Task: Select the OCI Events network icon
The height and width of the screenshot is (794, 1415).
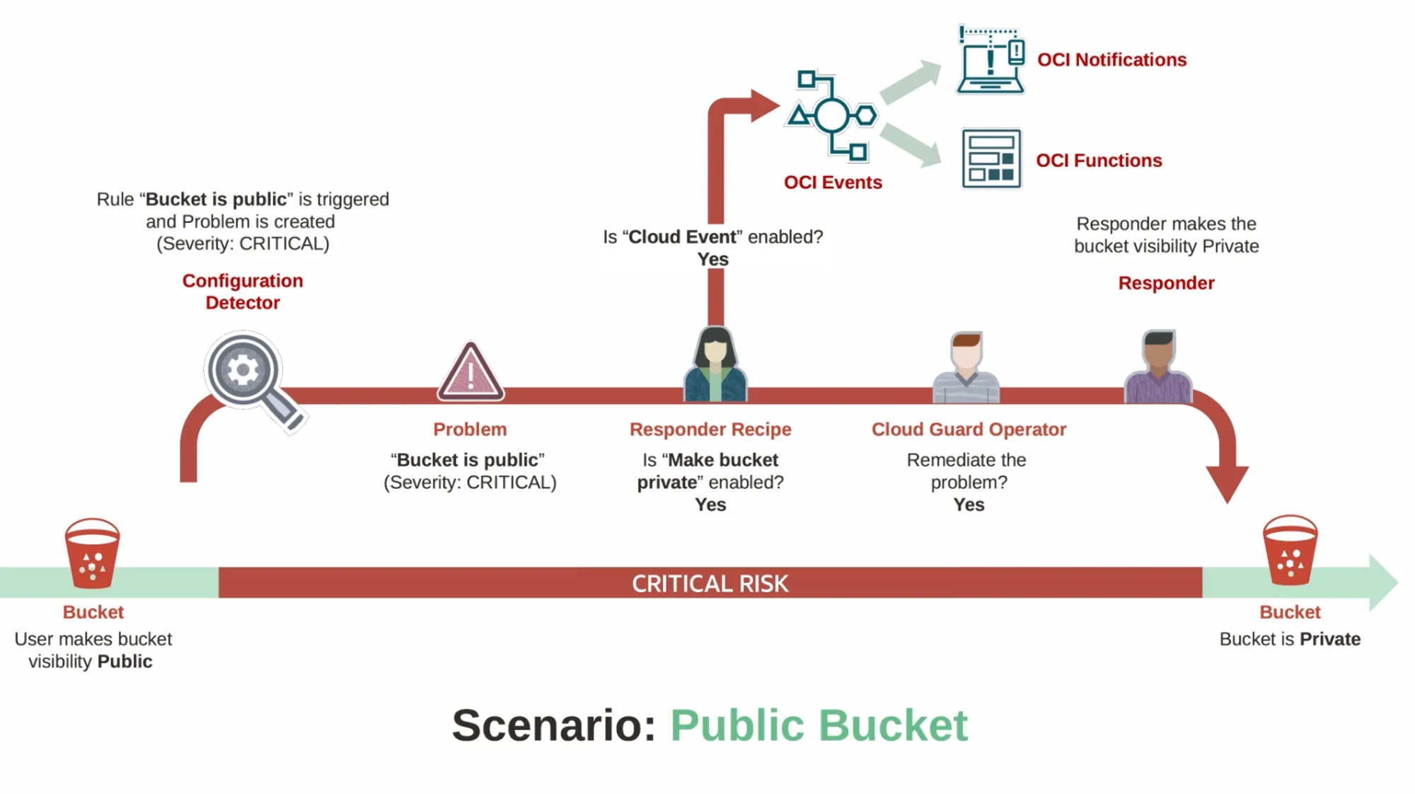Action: tap(832, 115)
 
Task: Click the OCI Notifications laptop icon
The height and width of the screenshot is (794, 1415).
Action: tap(990, 61)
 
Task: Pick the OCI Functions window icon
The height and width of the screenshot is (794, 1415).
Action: tap(991, 159)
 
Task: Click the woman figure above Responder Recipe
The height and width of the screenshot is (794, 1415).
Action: tap(715, 365)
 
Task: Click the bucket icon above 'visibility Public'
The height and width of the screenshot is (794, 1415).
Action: tap(92, 553)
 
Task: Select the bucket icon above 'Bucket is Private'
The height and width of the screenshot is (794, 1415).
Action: tap(1290, 551)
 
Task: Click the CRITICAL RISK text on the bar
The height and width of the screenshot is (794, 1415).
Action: tap(710, 584)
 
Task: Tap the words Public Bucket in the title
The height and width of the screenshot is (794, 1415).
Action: tap(819, 725)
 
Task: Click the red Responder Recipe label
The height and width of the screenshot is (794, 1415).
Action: tap(710, 430)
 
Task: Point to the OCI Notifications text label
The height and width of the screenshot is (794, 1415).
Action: tap(1111, 60)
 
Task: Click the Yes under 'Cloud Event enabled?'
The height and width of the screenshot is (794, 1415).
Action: tap(712, 260)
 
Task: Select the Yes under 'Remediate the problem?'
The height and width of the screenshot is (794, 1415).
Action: tap(969, 505)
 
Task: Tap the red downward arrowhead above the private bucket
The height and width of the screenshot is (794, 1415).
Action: tap(1227, 483)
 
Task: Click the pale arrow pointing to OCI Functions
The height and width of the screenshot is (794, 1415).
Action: tap(911, 144)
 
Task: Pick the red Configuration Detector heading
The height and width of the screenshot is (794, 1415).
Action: tap(243, 292)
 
